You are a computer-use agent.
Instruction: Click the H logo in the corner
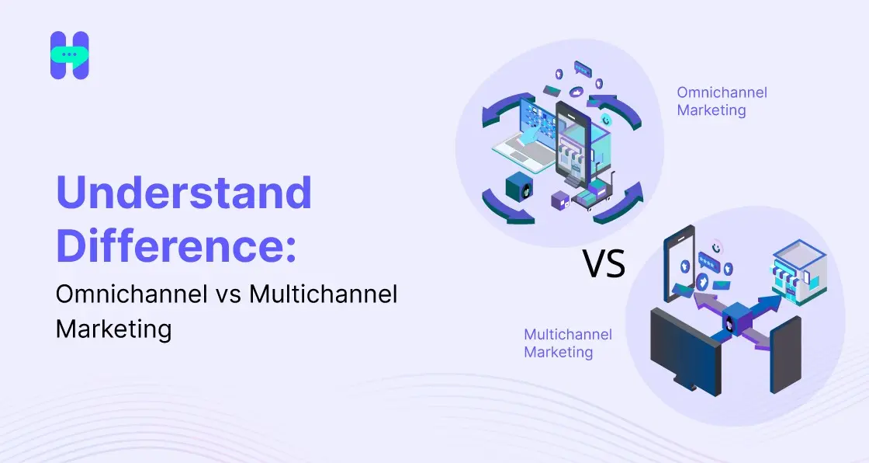(70, 55)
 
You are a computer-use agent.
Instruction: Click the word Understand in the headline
(184, 193)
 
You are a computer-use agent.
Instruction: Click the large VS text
(604, 265)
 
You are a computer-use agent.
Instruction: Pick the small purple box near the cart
(560, 200)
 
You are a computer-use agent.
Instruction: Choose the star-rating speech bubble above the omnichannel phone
(583, 68)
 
